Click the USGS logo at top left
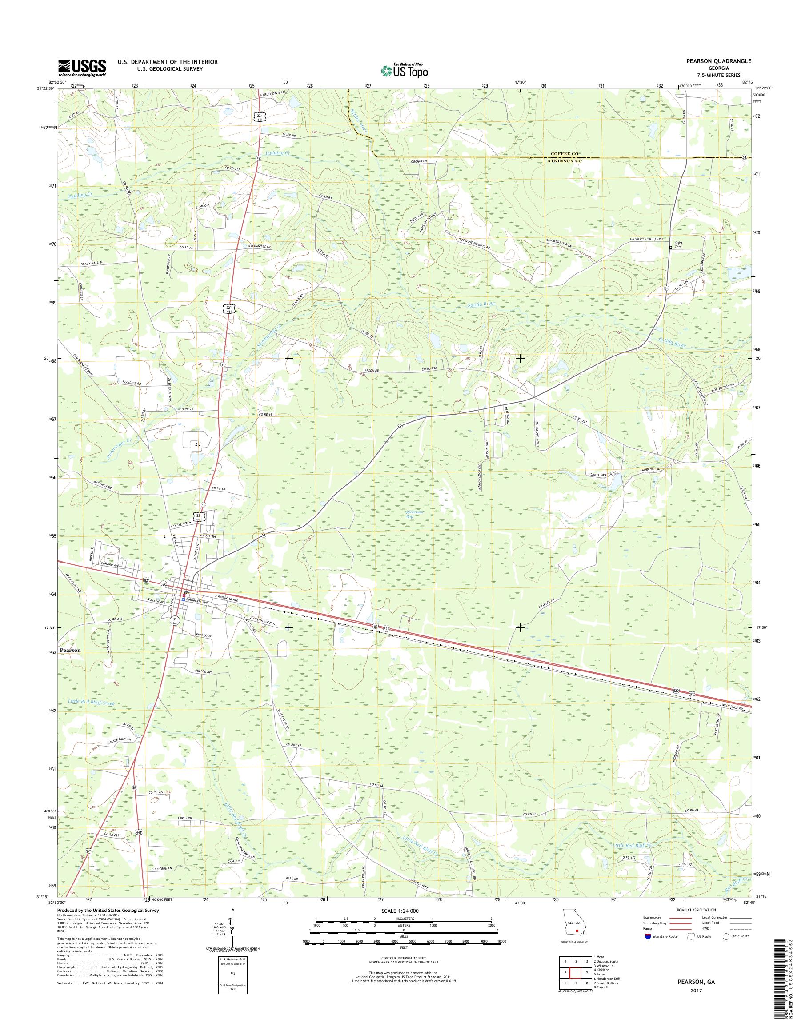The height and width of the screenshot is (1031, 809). pyautogui.click(x=82, y=68)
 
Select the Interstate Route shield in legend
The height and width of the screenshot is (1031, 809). pyautogui.click(x=648, y=936)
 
